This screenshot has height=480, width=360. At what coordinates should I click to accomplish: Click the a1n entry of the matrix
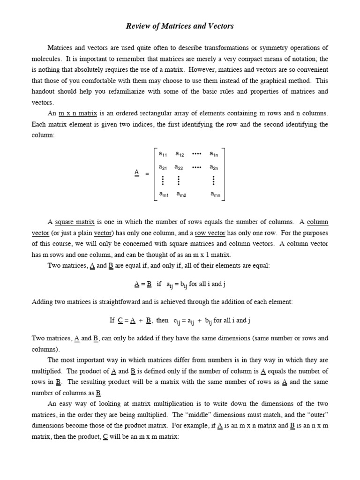214,154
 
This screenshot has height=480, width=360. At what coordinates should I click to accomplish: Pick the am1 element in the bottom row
164,194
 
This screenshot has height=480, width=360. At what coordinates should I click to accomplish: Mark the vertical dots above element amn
214,180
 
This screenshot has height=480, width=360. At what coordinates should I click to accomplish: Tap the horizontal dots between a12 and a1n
197,153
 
